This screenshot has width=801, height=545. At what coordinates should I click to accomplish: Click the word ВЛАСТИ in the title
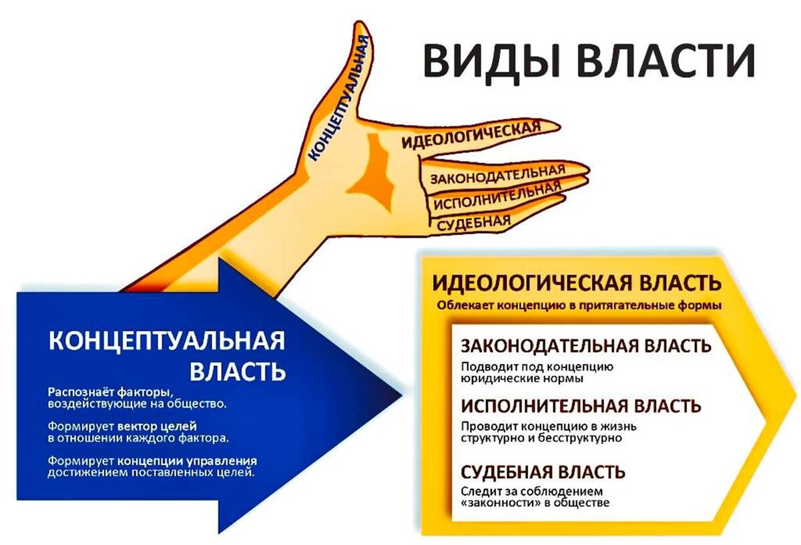(x=667, y=61)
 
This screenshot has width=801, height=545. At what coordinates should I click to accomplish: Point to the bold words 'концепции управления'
(x=188, y=461)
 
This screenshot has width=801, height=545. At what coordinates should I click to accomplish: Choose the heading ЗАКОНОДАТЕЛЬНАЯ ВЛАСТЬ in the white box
(x=585, y=346)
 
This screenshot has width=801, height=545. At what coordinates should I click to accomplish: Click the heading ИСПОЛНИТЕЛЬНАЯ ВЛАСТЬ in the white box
(x=581, y=406)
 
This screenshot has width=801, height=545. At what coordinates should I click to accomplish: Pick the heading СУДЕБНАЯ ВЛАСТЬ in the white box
(x=543, y=472)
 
